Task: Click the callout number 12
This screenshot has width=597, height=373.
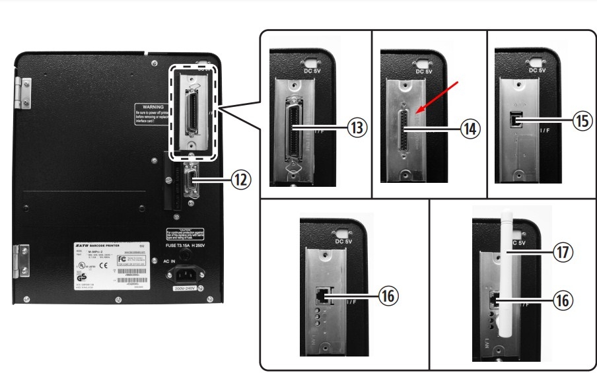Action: click(241, 178)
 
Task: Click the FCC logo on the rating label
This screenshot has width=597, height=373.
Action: click(122, 259)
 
